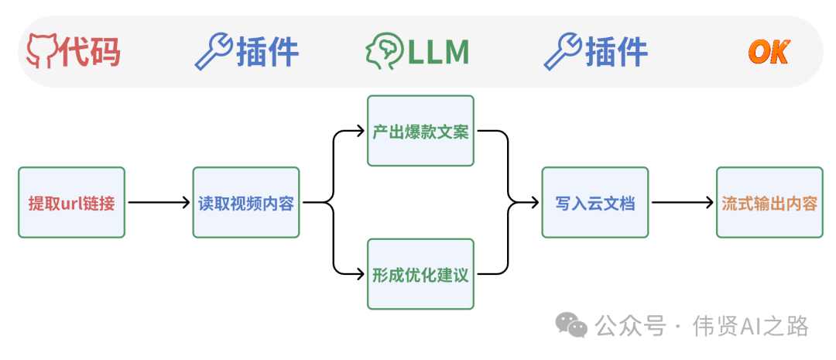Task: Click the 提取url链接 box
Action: click(71, 203)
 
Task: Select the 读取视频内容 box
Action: click(245, 203)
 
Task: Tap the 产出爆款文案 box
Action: click(420, 131)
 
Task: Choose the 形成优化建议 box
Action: click(420, 274)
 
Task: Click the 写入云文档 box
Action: click(594, 203)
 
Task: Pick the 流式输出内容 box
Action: click(769, 203)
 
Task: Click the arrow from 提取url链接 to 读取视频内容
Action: click(159, 203)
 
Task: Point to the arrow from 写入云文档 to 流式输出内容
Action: click(682, 203)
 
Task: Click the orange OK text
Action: click(768, 53)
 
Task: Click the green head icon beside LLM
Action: click(385, 52)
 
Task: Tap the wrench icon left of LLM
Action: click(213, 52)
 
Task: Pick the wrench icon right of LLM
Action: click(563, 52)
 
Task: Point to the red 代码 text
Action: click(91, 52)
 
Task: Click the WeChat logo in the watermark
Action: click(574, 325)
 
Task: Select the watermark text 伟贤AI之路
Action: click(751, 326)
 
